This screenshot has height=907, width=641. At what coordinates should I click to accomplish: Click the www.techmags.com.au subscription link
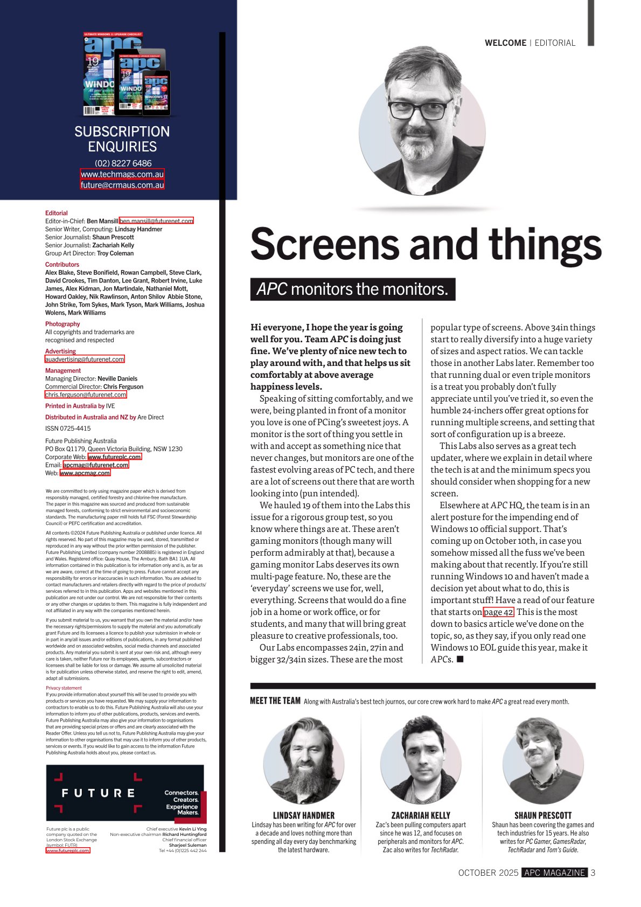122,174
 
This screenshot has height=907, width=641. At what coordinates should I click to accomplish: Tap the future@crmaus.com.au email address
122,185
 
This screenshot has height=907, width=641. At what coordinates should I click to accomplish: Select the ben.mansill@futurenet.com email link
156,221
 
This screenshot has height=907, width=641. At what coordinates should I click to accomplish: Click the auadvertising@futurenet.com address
85,359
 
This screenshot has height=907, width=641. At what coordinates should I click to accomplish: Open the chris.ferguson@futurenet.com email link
86,394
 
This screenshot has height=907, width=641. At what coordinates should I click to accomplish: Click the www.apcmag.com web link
85,473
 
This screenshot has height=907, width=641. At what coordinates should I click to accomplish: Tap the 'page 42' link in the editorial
498,612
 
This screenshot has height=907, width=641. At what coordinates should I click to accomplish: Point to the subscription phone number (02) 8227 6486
123,163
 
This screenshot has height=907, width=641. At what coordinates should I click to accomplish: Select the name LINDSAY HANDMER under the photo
304,815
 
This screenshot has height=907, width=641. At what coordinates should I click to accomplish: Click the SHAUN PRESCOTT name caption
542,815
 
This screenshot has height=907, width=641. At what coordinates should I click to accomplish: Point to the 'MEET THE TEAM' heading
275,701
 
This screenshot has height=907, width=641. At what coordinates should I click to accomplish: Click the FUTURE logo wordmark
98,793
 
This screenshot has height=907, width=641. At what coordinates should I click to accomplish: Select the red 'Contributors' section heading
62,265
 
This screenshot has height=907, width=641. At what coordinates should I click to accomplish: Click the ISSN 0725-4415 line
68,428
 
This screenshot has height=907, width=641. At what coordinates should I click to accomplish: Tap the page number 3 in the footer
593,873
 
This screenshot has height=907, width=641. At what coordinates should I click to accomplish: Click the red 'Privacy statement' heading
64,688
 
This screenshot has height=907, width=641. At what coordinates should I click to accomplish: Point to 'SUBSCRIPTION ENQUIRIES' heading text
122,139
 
